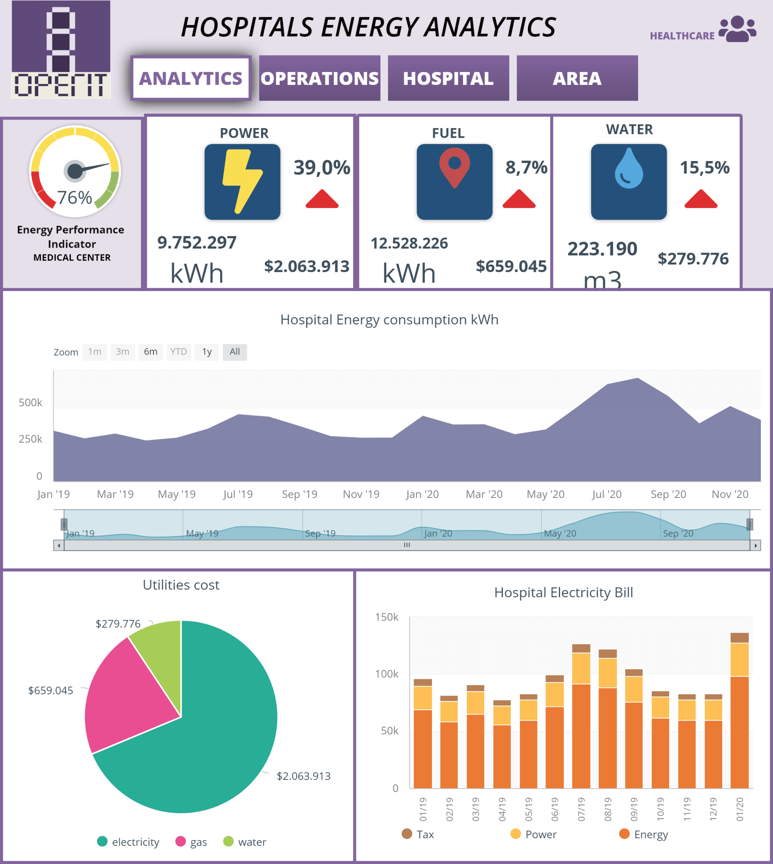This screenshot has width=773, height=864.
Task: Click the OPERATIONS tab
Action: point(319,79)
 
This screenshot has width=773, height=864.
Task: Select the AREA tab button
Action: point(577,79)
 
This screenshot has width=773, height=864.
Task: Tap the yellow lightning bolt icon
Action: point(242,182)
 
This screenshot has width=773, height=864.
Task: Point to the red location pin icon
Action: point(455,168)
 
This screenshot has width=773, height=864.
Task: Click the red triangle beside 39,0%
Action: point(322,199)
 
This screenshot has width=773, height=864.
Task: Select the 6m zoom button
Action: point(150,352)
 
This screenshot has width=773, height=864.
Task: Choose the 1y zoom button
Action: point(207,352)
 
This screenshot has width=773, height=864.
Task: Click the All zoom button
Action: point(234,352)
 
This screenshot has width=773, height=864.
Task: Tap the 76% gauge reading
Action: point(75,198)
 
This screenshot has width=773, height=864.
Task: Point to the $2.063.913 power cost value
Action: point(307,267)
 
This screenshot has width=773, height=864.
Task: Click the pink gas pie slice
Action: point(127,701)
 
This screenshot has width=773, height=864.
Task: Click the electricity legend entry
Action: point(128,842)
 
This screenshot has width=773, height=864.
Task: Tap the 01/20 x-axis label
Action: point(740,809)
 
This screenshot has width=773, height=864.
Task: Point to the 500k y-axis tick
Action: point(31,403)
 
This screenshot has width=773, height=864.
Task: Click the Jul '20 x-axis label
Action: point(606,494)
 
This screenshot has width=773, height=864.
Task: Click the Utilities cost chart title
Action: point(181,585)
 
